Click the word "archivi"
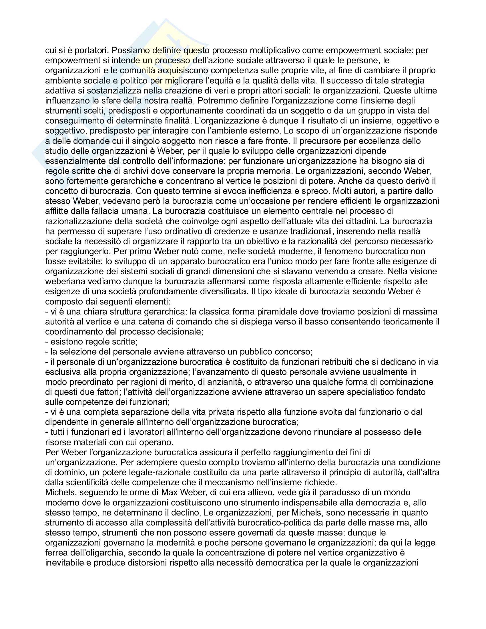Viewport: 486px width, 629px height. pos(137,171)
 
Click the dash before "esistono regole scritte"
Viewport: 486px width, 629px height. pos(47,342)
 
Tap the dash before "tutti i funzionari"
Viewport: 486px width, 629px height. pos(47,432)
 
